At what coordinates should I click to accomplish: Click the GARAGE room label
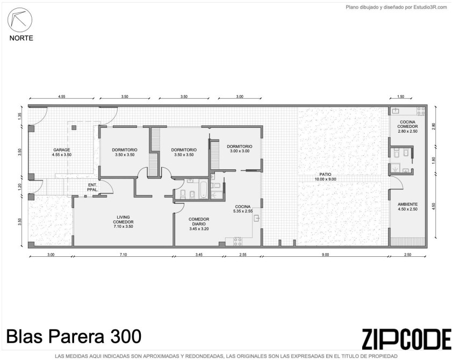(62, 152)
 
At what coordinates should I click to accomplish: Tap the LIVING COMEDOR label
(124, 221)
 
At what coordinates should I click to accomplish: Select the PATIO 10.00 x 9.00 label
(325, 177)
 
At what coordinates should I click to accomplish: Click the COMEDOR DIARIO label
(199, 224)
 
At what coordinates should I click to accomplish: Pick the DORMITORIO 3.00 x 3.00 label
(240, 148)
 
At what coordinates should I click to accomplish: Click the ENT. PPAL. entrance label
(93, 187)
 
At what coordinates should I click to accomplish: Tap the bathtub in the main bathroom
(204, 190)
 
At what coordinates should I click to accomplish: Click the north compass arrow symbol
(20, 20)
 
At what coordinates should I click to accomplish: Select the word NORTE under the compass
(21, 38)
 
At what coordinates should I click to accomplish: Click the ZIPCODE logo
(406, 339)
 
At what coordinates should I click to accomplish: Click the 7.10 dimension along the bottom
(123, 255)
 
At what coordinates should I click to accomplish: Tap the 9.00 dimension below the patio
(325, 255)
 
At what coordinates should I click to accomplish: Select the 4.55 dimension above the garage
(62, 97)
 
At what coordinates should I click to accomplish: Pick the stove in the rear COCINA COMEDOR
(421, 111)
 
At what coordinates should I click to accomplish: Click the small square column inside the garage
(74, 127)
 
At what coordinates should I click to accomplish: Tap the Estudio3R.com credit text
(397, 8)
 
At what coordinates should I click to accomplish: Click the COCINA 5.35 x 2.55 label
(243, 208)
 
